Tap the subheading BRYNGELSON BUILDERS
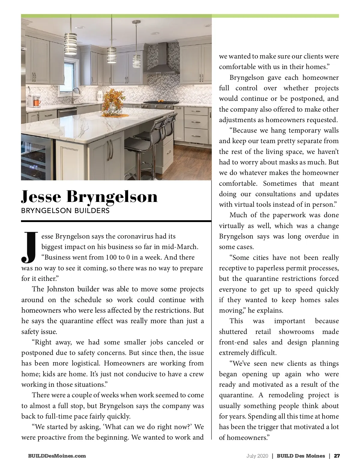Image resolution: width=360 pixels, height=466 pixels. pos(65,211)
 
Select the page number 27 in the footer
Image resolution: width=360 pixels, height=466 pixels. pos(337,456)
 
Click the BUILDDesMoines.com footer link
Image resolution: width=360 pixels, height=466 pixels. pos(57,456)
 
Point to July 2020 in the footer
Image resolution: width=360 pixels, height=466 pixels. pos(257,456)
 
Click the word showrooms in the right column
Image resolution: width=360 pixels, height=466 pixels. pos(296,332)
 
